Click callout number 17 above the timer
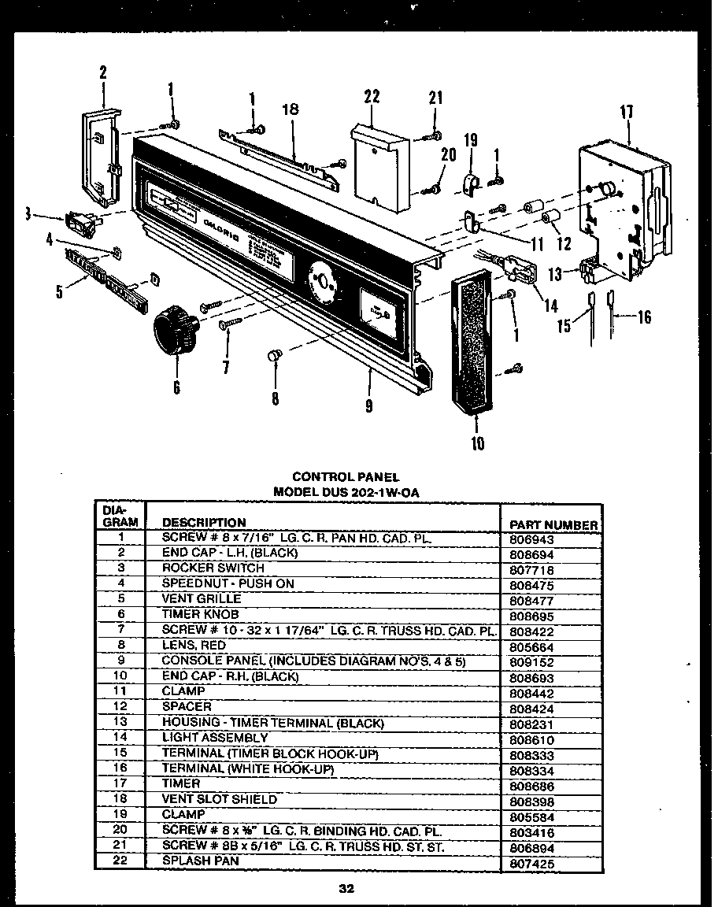click(627, 112)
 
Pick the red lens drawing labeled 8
click(272, 357)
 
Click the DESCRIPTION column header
click(203, 522)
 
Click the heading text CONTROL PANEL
click(346, 476)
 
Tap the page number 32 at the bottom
click(346, 889)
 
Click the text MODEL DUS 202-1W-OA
click(346, 491)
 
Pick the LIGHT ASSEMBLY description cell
click(215, 738)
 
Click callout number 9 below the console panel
click(368, 406)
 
